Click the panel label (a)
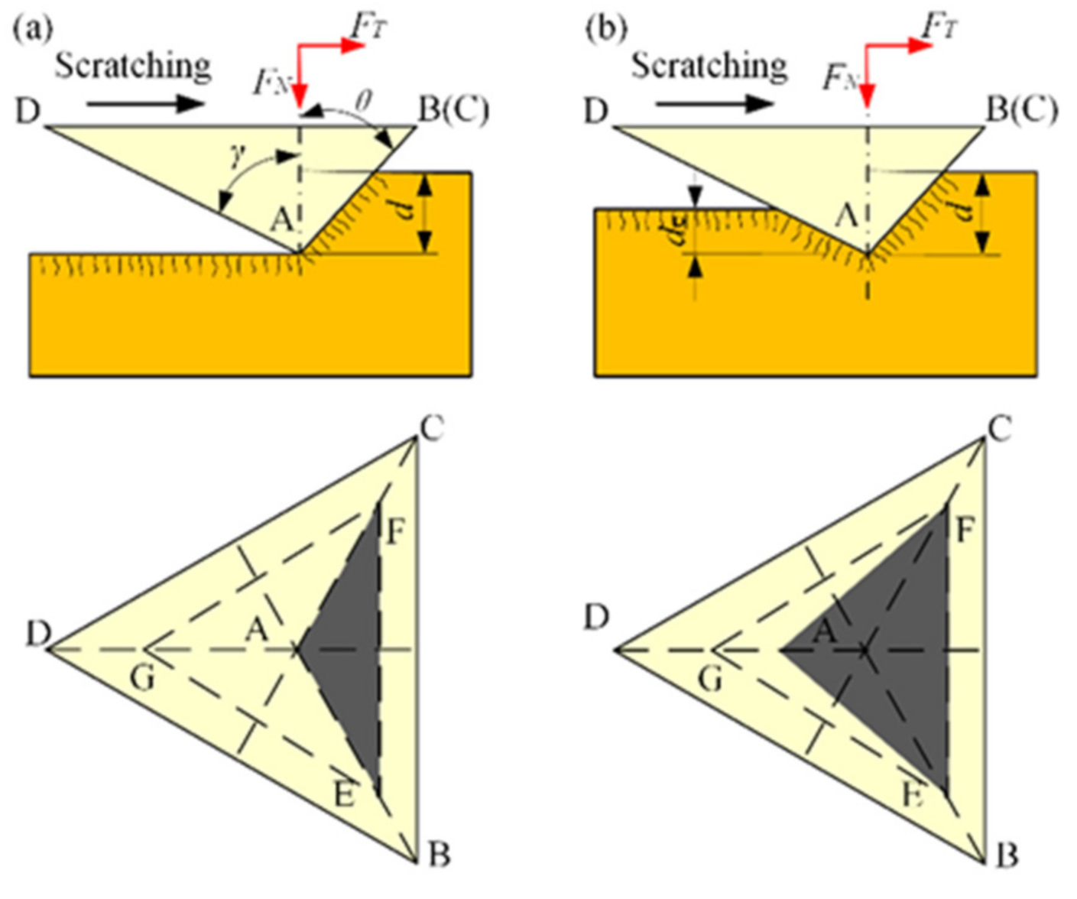click(33, 28)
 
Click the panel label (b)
click(606, 28)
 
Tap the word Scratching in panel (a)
click(133, 67)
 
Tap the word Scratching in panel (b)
click(709, 67)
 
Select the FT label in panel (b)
click(939, 25)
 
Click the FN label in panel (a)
click(271, 82)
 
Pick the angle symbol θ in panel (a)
click(365, 100)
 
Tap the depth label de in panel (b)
click(675, 230)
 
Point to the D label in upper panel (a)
click(28, 112)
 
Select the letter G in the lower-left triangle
click(142, 677)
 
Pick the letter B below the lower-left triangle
click(438, 855)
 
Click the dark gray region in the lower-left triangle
click(352, 650)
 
